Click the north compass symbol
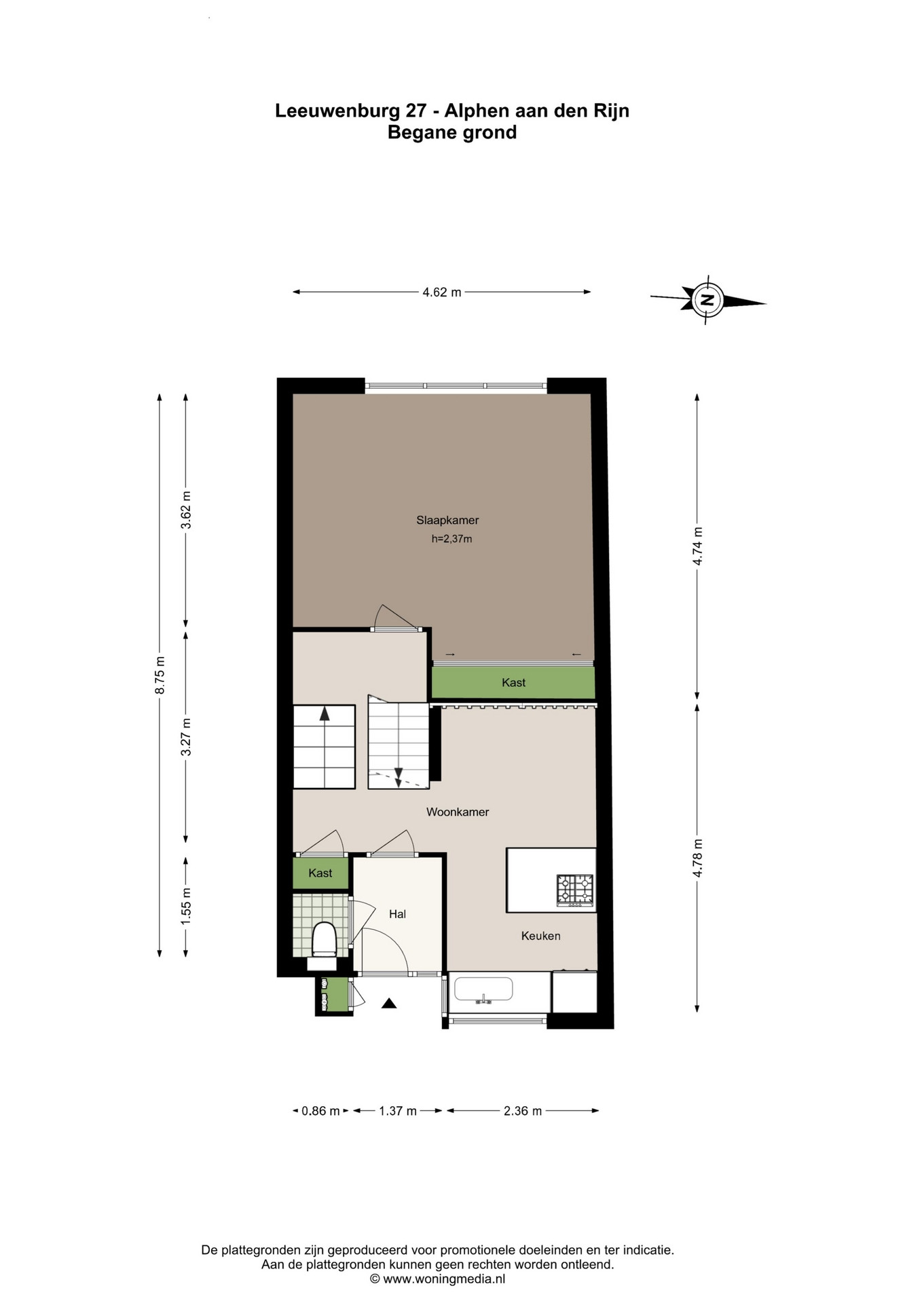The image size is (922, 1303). point(707,299)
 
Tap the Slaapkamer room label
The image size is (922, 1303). point(447,521)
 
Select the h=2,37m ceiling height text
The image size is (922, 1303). point(451,540)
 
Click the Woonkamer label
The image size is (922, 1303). point(458,812)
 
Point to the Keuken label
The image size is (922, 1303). point(540,936)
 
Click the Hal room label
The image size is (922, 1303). point(397,914)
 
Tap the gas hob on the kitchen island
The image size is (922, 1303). point(574,890)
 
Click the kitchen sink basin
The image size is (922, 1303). point(483,989)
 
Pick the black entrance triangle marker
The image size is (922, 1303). point(388,1003)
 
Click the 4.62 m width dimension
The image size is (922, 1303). point(441,292)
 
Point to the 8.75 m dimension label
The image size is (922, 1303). point(160,675)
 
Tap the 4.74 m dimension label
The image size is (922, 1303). point(697,546)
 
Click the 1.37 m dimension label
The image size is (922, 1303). point(398,1111)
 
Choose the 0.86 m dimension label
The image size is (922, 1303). point(320,1111)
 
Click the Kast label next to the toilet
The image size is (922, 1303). point(320,873)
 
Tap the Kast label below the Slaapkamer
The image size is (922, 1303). point(513,683)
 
